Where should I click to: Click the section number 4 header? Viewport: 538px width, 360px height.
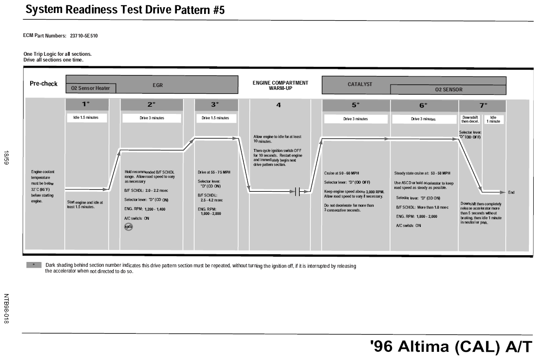click(x=279, y=105)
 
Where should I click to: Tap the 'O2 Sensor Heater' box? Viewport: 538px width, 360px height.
click(x=91, y=88)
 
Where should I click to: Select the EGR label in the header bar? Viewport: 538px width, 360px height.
click(x=158, y=85)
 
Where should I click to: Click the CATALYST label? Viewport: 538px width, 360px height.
click(x=360, y=84)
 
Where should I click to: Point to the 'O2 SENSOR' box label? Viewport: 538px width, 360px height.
click(x=449, y=89)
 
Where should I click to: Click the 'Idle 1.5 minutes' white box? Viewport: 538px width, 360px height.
click(x=86, y=118)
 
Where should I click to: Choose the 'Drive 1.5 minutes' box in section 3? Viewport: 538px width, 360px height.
click(x=215, y=118)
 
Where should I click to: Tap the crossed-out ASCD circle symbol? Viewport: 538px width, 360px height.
click(x=128, y=227)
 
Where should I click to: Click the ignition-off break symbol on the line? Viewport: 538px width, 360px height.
click(x=297, y=192)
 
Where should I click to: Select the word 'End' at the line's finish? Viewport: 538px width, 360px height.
click(x=511, y=193)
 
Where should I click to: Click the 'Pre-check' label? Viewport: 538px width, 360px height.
click(x=44, y=84)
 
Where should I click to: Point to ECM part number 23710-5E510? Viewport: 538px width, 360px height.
click(x=84, y=36)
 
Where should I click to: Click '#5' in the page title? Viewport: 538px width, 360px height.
click(x=219, y=10)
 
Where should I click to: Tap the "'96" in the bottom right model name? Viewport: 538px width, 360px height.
click(x=381, y=346)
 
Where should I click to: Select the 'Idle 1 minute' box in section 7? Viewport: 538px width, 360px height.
click(x=493, y=119)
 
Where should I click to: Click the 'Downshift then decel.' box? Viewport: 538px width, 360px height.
click(x=470, y=119)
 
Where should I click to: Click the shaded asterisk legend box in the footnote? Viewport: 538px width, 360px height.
click(x=34, y=265)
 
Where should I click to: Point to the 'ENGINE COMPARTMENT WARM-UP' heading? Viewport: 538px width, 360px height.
click(x=281, y=86)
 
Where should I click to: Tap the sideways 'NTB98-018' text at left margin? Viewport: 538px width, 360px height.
click(x=6, y=309)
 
